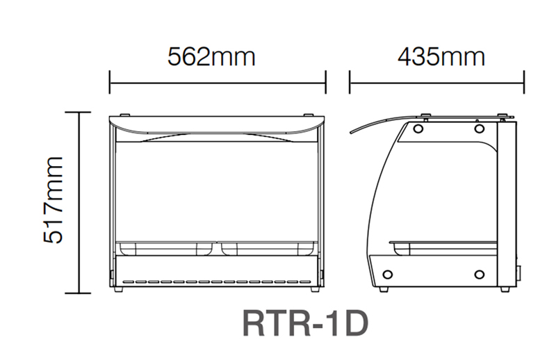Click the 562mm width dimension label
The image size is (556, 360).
click(x=211, y=56)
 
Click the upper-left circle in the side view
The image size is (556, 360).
click(x=418, y=129)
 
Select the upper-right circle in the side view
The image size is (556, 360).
click(x=479, y=129)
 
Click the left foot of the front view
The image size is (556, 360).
click(x=122, y=288)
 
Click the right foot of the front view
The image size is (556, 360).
click(x=312, y=288)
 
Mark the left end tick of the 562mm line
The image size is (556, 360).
click(x=110, y=82)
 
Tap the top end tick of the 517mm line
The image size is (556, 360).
click(x=79, y=113)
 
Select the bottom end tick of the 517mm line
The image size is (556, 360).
click(x=79, y=290)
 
